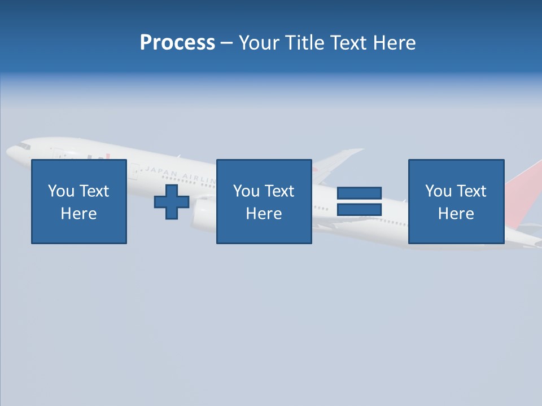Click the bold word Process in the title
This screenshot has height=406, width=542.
(177, 43)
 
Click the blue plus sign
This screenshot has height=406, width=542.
(172, 201)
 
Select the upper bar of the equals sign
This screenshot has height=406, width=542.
(359, 193)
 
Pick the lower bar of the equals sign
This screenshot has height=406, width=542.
(359, 209)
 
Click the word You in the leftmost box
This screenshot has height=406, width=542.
(61, 191)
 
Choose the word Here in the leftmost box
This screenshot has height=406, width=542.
(78, 214)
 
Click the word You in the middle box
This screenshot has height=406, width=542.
(246, 191)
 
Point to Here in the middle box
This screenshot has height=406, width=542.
(264, 214)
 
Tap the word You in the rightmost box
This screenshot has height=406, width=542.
(438, 191)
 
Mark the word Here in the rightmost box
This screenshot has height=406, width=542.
(456, 214)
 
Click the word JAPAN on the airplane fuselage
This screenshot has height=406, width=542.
(161, 171)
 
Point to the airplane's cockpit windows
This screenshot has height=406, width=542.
(23, 145)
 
